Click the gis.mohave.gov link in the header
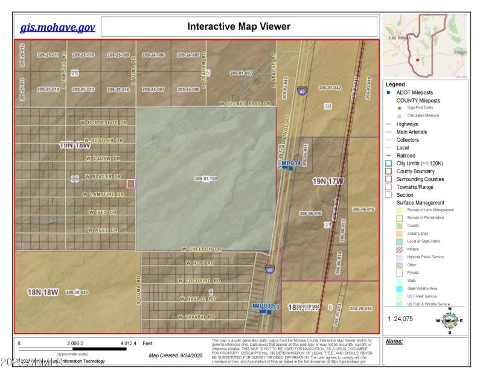coord(58,27)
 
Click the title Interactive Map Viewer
coord(238,27)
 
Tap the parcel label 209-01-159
coord(206,179)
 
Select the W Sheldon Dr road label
coord(202,249)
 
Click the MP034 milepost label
coord(290,164)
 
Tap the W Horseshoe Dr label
coord(104,123)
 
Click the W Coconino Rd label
coord(199,281)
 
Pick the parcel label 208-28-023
coord(77,292)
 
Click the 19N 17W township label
coord(327,181)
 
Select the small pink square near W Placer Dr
coord(131,183)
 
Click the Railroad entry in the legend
coord(406,155)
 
